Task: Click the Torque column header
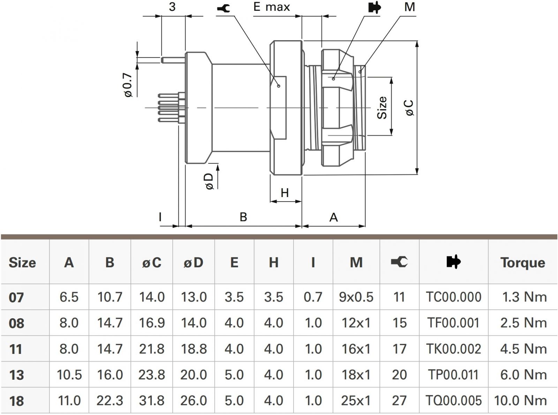[x=522, y=262]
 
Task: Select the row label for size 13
[x=16, y=375]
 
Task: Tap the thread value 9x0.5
[x=356, y=297]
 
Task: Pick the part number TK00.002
[x=453, y=349]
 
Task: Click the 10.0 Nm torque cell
[x=520, y=400]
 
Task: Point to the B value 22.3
[x=110, y=400]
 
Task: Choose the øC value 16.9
[x=152, y=323]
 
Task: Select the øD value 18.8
[x=194, y=349]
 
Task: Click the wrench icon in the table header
[x=399, y=262]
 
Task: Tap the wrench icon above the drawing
[x=223, y=8]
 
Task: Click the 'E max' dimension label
[x=271, y=7]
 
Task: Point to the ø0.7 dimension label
[x=128, y=85]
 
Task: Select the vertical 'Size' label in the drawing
[x=382, y=108]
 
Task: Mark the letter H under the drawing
[x=285, y=192]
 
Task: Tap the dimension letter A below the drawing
[x=333, y=217]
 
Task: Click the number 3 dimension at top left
[x=172, y=7]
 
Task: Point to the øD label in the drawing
[x=209, y=181]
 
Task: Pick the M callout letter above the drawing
[x=410, y=7]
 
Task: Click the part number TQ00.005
[x=453, y=400]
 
